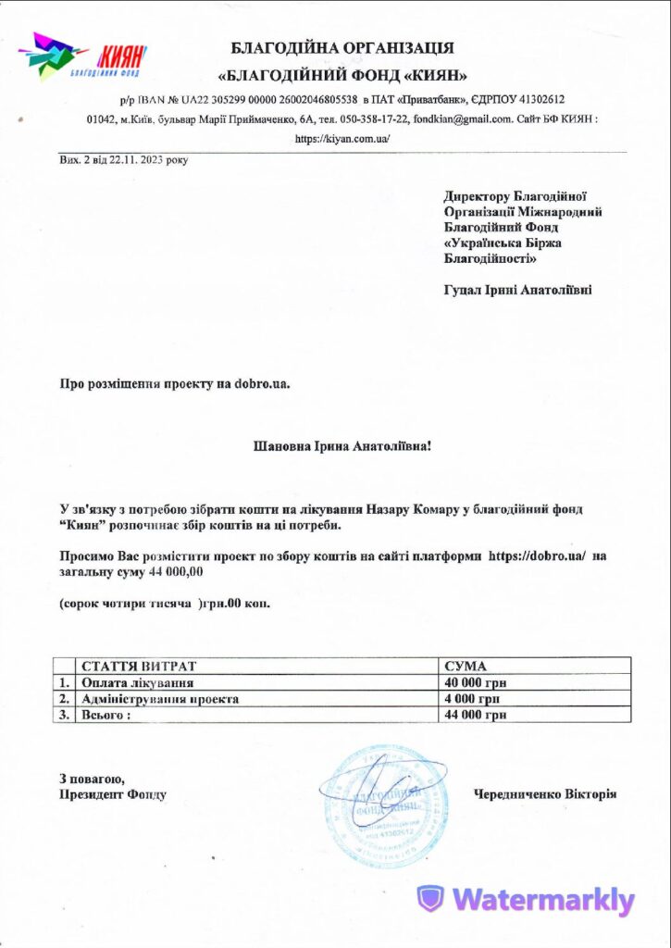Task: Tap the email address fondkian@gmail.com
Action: click(463, 119)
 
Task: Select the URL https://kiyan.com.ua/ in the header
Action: click(342, 139)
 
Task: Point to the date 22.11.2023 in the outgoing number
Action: click(138, 160)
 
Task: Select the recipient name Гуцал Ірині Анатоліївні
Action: click(517, 290)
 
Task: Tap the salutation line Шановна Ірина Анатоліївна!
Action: click(342, 446)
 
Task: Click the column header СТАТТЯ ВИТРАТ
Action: click(139, 666)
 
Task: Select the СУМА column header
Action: click(466, 666)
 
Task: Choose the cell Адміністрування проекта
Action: click(160, 699)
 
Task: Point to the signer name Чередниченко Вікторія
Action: click(545, 794)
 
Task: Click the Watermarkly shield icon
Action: click(429, 899)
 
